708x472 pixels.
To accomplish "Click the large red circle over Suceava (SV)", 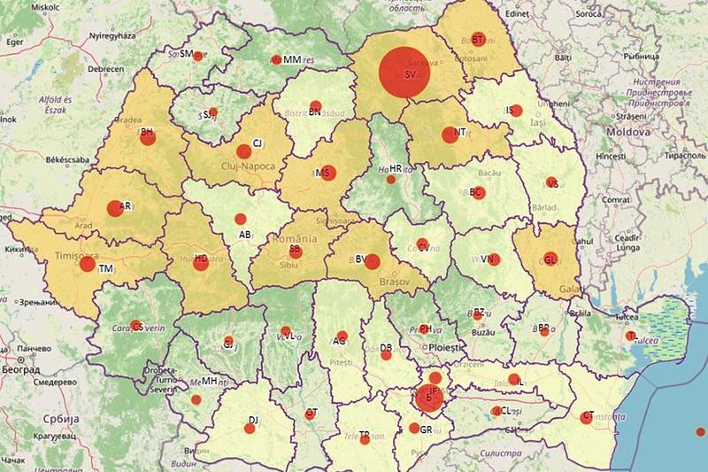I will [x=404, y=73].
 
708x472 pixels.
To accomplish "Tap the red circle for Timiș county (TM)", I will [x=87, y=264].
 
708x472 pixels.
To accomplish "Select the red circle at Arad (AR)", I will [x=114, y=208].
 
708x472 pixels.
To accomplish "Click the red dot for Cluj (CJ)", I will [x=243, y=151].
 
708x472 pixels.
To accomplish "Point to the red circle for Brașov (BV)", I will [x=372, y=261].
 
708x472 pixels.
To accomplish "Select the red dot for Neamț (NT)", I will [x=448, y=135].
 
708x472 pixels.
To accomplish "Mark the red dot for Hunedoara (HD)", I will [x=201, y=262].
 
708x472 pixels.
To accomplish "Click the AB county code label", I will [x=247, y=236].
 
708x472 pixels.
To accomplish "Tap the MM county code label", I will [x=292, y=59].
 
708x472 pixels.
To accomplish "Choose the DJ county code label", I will [x=253, y=420].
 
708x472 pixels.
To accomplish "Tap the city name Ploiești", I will [x=444, y=348].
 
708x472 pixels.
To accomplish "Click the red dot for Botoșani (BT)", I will [x=478, y=39].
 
